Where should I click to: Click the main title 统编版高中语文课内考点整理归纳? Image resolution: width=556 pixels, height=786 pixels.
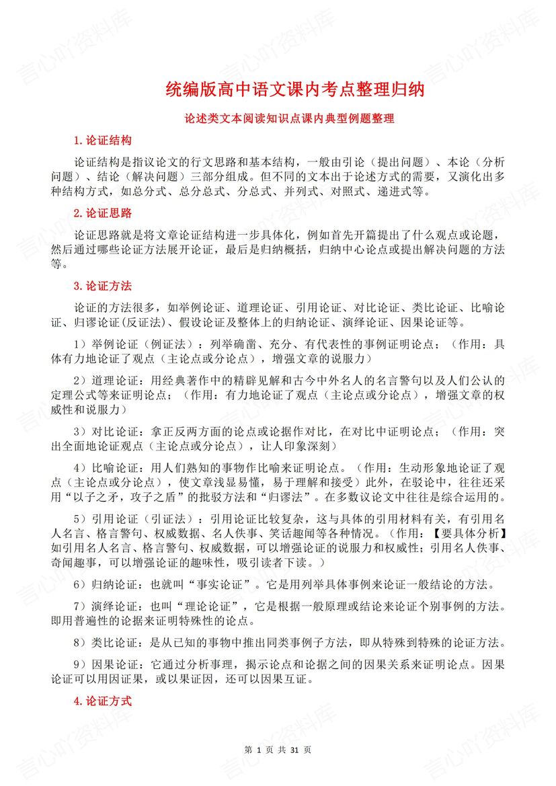(x=295, y=89)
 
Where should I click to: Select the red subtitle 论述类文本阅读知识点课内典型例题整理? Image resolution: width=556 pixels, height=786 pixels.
(x=289, y=118)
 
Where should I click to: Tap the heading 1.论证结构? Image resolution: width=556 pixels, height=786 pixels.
(x=102, y=141)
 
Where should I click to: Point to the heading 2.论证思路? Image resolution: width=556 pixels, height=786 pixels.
(x=102, y=213)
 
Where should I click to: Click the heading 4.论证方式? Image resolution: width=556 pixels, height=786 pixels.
(x=102, y=701)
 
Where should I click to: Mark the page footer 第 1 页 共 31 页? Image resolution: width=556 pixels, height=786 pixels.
(x=278, y=750)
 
